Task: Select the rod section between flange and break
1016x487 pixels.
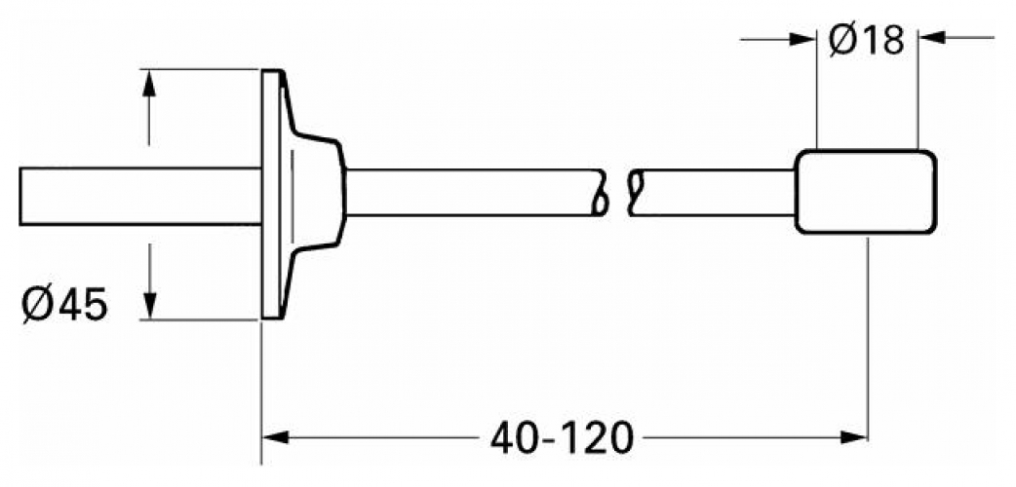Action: (x=468, y=191)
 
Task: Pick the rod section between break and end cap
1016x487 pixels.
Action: (x=712, y=191)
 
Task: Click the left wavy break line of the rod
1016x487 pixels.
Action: (x=602, y=192)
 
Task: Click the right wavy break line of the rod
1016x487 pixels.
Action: (x=636, y=192)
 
